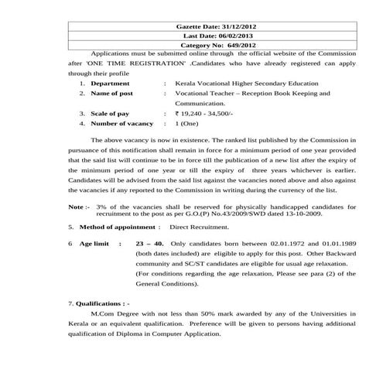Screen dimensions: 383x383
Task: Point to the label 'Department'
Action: (x=110, y=82)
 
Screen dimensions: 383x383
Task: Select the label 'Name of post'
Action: (x=112, y=93)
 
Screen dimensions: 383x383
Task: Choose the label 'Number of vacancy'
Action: (x=122, y=123)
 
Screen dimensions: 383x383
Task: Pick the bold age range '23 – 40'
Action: (x=149, y=243)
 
